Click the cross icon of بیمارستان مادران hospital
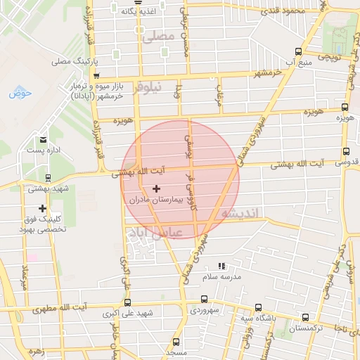point(156,188)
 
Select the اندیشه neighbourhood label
point(240,212)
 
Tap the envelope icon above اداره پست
point(44,140)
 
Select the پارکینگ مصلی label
point(71,61)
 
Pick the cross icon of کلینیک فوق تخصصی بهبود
point(43,209)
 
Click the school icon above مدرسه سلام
point(221,266)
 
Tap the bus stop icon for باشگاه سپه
point(258,308)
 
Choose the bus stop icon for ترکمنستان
point(304,318)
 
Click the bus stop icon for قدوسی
point(345,151)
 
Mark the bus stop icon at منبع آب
point(299,51)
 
